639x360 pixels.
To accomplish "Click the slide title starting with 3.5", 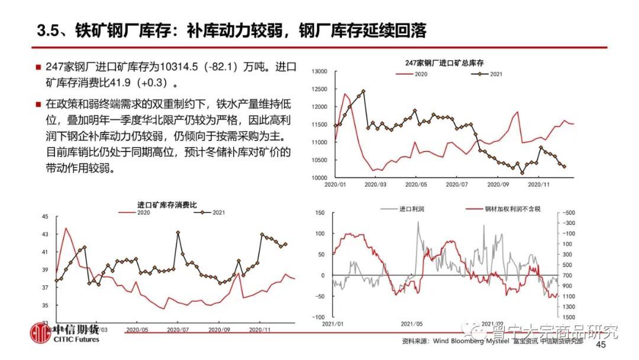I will (x=231, y=31).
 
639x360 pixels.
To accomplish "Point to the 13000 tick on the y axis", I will (x=319, y=72).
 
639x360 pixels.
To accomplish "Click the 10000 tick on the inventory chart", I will (x=319, y=178).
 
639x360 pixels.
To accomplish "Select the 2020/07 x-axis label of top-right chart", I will (x=457, y=185).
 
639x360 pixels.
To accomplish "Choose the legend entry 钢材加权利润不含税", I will (x=512, y=209).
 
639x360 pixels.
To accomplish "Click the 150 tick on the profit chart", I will (x=322, y=213).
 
